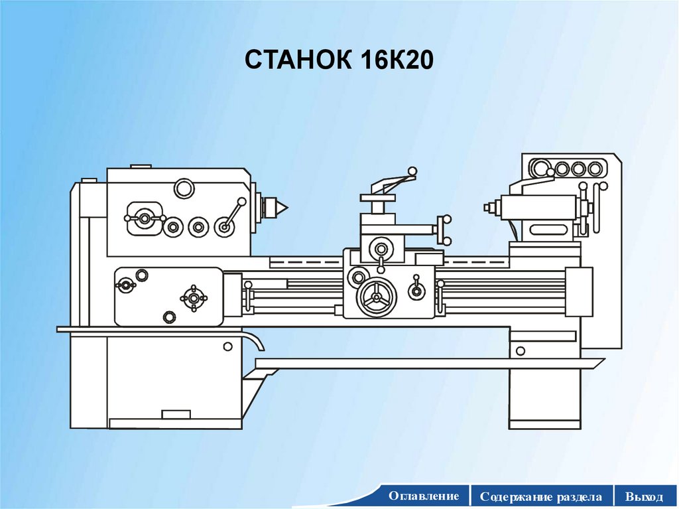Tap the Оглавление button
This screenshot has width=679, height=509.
[x=424, y=496]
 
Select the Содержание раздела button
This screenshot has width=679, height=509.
[x=542, y=496]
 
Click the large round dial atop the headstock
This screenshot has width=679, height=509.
[x=184, y=188]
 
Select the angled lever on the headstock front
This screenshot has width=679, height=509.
[x=231, y=216]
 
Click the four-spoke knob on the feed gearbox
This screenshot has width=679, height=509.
[x=193, y=299]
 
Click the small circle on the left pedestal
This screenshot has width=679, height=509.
[x=227, y=346]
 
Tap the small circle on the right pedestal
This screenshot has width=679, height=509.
[x=519, y=349]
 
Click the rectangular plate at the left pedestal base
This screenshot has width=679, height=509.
[x=176, y=414]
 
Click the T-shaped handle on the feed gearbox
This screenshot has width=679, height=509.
[x=125, y=285]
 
